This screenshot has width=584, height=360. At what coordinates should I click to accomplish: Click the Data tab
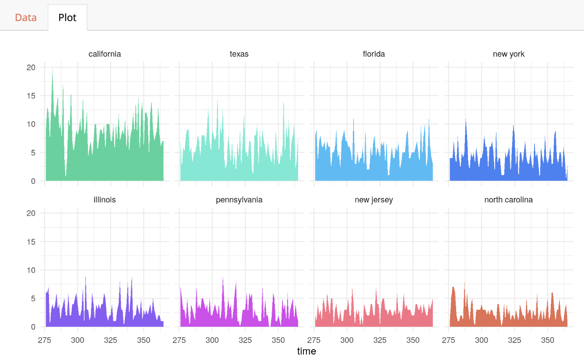coord(25,18)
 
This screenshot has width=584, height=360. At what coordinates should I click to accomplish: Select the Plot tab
coord(67,18)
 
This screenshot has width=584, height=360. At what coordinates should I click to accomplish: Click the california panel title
coord(105,54)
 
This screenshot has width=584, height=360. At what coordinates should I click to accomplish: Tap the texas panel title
coord(239,54)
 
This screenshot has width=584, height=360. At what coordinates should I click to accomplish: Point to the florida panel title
coord(374,54)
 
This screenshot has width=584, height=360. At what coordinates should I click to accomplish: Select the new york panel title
coord(508,54)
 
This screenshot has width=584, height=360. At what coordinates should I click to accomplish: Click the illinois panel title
coord(105,200)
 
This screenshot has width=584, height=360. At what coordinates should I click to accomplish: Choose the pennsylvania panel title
coord(239,200)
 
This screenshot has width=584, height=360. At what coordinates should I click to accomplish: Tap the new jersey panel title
coord(374,200)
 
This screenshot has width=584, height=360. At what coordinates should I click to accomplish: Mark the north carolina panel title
coord(508,200)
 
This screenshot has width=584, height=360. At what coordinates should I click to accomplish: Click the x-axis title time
coord(306,351)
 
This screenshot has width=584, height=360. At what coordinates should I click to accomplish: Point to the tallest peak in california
coord(53,70)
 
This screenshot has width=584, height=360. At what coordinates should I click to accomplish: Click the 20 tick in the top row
coord(31,67)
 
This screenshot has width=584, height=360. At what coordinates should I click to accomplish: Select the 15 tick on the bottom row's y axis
coord(31,242)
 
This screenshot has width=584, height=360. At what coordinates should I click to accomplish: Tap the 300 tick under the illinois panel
coord(77,340)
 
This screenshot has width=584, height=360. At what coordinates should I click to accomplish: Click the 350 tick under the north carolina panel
coord(548,340)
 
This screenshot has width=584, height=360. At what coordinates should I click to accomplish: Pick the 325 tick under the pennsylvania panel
coord(245,340)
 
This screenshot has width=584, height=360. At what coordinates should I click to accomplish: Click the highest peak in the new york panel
coord(465,120)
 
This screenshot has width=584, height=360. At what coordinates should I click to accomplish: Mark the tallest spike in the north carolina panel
coord(464,282)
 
